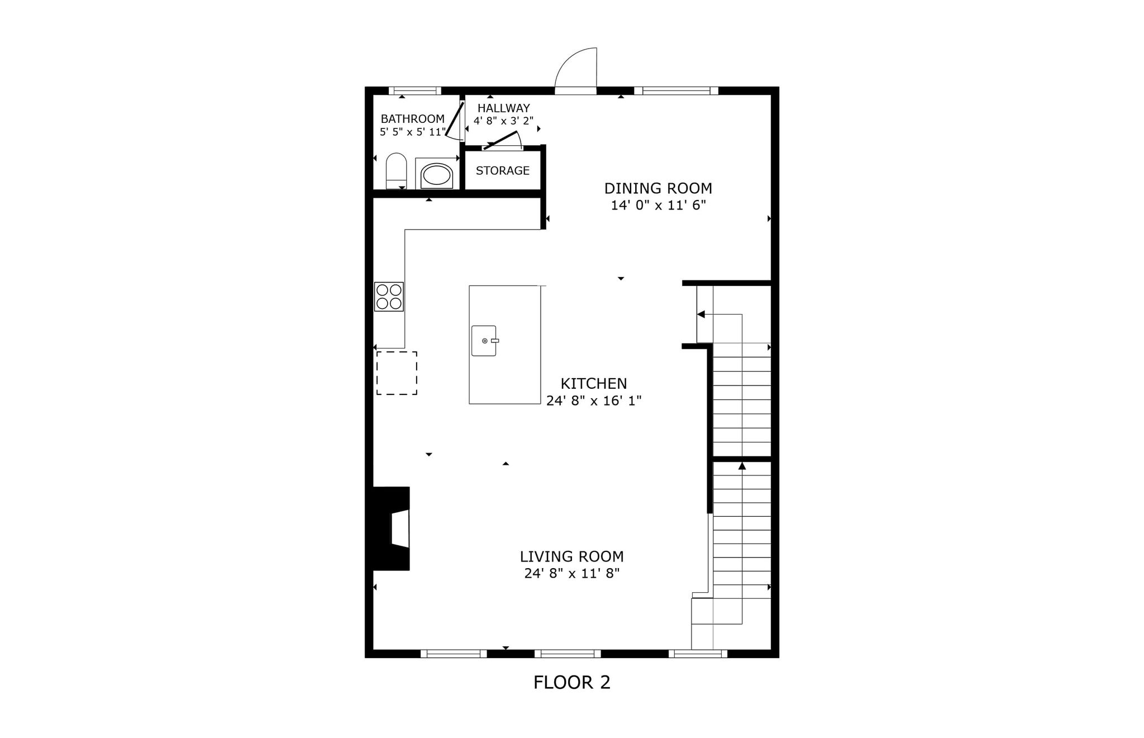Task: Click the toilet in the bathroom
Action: tap(396, 171)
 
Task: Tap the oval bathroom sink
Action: tap(436, 175)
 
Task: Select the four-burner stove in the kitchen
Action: tap(389, 297)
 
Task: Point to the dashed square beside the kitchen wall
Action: tap(397, 373)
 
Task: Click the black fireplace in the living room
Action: tap(391, 528)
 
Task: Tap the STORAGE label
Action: tap(503, 170)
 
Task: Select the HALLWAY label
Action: tap(503, 108)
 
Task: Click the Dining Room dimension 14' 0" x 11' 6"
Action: tap(658, 205)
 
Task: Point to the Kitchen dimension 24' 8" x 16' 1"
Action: tap(594, 401)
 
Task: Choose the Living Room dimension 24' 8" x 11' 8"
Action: tap(572, 573)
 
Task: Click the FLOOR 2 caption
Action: tap(572, 682)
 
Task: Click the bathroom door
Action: tap(455, 120)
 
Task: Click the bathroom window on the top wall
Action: tap(414, 91)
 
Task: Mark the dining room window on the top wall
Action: tap(676, 91)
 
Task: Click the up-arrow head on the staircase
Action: tap(742, 465)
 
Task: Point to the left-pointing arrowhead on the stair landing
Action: tap(701, 315)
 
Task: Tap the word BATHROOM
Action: tap(413, 119)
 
